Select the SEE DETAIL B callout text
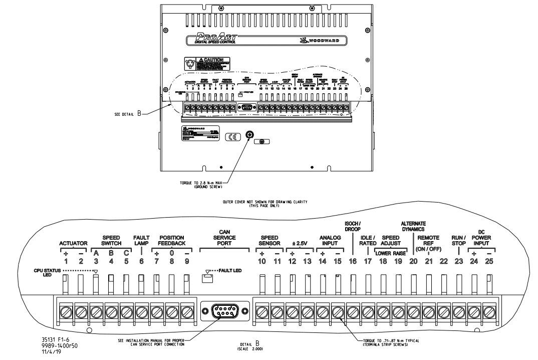click(x=128, y=114)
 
